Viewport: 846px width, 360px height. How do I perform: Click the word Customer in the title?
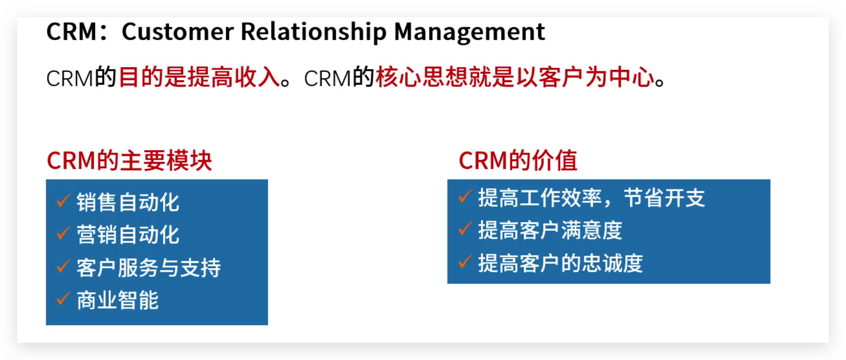[x=177, y=32]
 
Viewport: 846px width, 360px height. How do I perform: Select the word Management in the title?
[x=470, y=32]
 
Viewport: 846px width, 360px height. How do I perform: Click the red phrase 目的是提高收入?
[x=199, y=78]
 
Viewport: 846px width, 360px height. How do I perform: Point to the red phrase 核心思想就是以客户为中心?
[x=515, y=78]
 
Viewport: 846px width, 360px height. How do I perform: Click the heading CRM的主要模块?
[x=129, y=161]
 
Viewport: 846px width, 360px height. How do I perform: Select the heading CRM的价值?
[x=518, y=161]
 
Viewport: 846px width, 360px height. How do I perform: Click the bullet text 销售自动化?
[x=128, y=202]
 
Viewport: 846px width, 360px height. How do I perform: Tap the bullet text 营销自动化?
[x=128, y=235]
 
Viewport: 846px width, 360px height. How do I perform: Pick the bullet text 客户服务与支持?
[x=148, y=268]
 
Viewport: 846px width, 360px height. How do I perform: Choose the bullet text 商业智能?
[x=117, y=300]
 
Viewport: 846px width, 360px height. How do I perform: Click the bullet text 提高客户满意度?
[x=550, y=230]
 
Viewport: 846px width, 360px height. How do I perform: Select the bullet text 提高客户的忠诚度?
[x=560, y=263]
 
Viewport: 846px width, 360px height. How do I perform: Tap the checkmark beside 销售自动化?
[x=63, y=200]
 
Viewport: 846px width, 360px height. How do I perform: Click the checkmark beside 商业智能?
[x=63, y=298]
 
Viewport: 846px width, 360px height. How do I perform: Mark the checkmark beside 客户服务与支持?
[x=63, y=266]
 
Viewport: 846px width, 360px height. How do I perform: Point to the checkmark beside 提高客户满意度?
[x=464, y=228]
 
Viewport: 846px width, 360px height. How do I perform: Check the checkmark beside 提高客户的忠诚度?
[x=464, y=261]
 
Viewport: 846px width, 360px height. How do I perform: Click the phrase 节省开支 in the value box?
[x=664, y=198]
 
